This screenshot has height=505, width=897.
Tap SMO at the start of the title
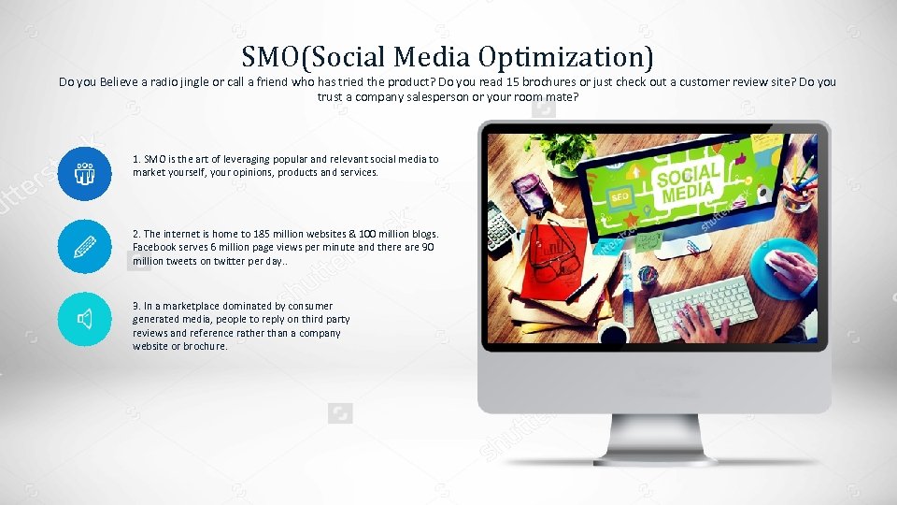266,56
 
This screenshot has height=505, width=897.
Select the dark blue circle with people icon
84,173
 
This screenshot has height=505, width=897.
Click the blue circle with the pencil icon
84,247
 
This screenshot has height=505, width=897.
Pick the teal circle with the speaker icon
84,320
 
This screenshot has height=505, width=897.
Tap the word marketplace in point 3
186,306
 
